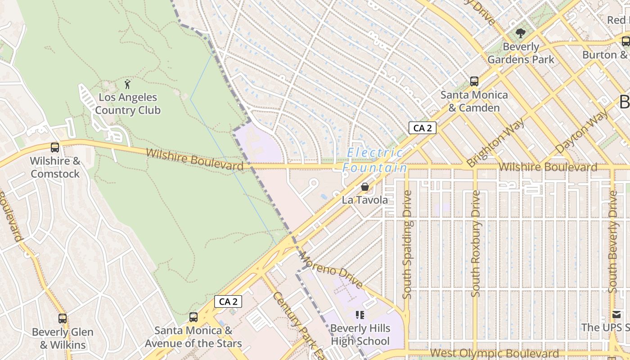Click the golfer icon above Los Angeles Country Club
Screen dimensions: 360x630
tap(127, 84)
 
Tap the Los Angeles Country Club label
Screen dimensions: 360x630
tap(128, 104)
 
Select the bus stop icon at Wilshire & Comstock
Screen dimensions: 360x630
tap(55, 147)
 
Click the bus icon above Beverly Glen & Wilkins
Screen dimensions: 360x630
tap(63, 319)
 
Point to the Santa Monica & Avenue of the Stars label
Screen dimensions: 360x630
tap(193, 337)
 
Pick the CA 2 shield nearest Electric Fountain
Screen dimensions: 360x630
tap(423, 128)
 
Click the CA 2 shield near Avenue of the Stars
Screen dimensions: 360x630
tap(228, 301)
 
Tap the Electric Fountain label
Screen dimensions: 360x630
tap(375, 161)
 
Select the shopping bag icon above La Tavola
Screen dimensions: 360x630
tap(364, 186)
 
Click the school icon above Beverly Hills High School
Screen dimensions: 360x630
tap(360, 315)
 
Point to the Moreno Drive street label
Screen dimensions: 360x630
tap(331, 270)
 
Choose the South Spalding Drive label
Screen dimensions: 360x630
tap(407, 244)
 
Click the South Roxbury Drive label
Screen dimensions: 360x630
tap(476, 243)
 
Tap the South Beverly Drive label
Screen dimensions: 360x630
tap(612, 242)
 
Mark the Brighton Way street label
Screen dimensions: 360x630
tap(495, 143)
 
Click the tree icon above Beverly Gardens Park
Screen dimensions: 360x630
tap(521, 33)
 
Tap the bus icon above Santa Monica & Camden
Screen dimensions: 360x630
tap(474, 81)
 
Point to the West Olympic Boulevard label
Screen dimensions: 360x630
tap(495, 353)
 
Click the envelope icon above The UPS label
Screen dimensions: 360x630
tap(616, 315)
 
